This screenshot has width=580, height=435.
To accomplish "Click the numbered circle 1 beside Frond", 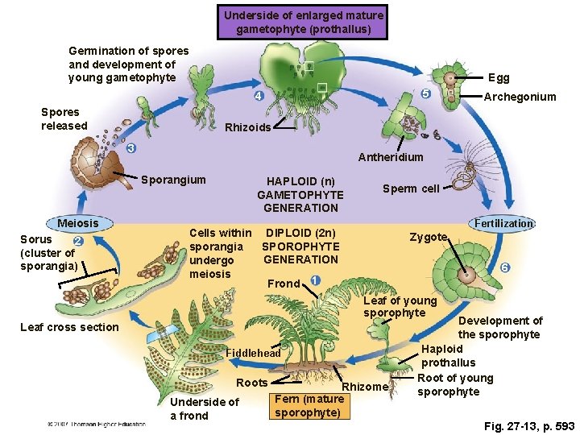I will click(x=314, y=280).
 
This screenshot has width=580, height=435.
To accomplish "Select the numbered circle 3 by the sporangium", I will click(x=130, y=149).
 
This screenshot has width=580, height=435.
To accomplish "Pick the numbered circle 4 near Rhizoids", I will click(x=258, y=97).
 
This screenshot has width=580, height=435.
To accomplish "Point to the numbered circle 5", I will click(x=425, y=94).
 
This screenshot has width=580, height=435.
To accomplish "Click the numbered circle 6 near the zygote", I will click(x=504, y=267).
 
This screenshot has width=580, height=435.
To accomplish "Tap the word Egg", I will click(x=499, y=78).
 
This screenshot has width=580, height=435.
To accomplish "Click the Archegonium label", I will click(x=520, y=97).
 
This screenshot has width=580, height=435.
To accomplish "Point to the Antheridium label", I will click(x=391, y=157).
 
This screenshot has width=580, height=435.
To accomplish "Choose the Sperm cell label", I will click(x=411, y=188).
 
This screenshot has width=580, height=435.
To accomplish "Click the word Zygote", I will click(x=429, y=237).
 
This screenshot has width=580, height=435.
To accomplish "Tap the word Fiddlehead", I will click(x=253, y=353).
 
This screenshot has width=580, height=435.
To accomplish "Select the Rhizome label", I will click(x=365, y=387).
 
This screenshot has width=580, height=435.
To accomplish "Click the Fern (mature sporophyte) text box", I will click(x=309, y=406).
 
